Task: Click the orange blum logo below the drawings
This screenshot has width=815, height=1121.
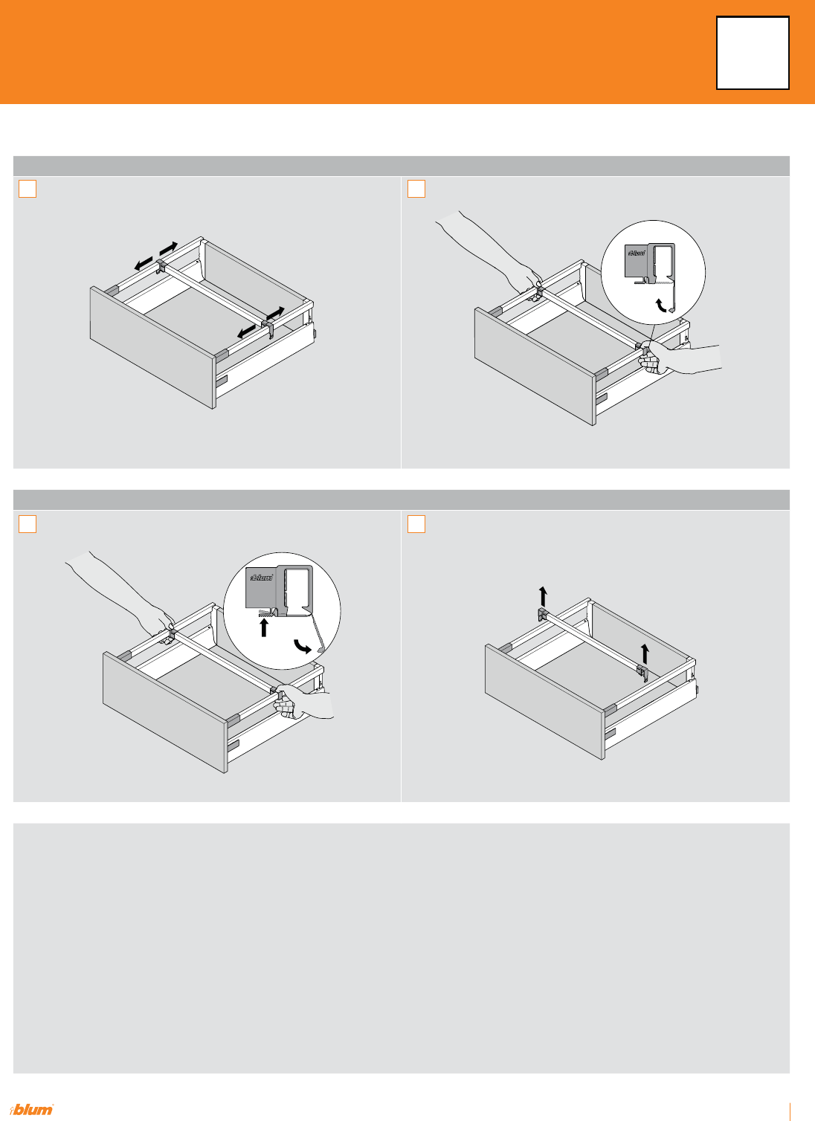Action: (x=31, y=1110)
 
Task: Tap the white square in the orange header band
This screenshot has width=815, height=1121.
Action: (x=753, y=53)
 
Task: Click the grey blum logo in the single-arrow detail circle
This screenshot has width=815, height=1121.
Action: (x=637, y=253)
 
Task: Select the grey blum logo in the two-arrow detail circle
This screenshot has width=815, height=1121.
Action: (x=261, y=577)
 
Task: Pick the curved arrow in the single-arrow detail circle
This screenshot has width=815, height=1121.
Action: (x=661, y=306)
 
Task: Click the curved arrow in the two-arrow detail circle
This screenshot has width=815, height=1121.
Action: (x=303, y=646)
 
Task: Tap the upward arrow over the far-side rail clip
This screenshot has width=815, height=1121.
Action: (x=543, y=596)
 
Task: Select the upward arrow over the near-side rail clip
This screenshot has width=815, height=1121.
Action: (x=645, y=654)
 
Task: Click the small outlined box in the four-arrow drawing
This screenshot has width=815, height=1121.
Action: (x=28, y=189)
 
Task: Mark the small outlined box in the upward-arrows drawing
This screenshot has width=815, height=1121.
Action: (x=416, y=524)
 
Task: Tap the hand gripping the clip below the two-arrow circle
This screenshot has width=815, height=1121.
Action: (x=303, y=702)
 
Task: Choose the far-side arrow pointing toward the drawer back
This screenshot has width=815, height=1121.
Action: (x=168, y=248)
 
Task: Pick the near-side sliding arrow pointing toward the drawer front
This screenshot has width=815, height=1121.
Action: (x=246, y=332)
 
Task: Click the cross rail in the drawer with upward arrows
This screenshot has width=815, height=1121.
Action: (x=592, y=641)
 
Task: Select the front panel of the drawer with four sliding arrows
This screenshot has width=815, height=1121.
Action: (x=152, y=347)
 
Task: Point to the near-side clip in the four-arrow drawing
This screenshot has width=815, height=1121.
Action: (x=268, y=329)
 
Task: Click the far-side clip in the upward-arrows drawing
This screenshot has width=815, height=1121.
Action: (x=543, y=615)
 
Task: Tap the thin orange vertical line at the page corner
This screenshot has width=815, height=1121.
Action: (x=790, y=1111)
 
